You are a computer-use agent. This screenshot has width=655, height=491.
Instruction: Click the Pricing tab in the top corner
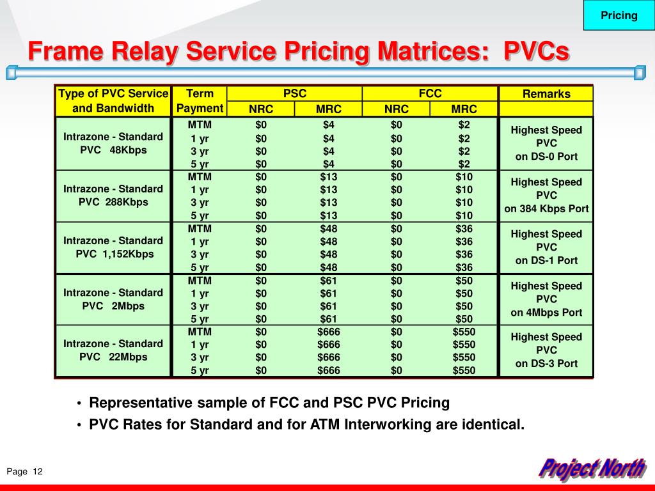coord(619,15)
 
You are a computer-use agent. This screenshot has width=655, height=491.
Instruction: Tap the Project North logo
coord(591,469)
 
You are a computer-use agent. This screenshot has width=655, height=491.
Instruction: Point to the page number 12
coord(37,472)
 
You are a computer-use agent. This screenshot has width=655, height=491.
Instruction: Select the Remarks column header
coord(546,94)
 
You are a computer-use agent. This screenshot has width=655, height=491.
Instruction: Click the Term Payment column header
coord(200,101)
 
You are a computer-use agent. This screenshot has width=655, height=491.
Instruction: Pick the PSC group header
coord(295,93)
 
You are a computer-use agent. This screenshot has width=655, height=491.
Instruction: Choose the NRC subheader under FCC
coord(397,109)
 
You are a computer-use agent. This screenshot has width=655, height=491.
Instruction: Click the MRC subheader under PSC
coord(329,109)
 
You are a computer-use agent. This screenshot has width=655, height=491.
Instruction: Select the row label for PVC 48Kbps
coord(113,143)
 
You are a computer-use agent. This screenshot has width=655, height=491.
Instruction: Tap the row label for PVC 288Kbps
coord(113,195)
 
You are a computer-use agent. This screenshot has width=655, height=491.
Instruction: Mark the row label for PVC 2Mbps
coord(113,299)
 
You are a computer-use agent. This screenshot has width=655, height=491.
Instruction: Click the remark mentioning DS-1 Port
coord(546,247)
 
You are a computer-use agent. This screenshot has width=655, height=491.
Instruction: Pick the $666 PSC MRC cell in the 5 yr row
coord(329,370)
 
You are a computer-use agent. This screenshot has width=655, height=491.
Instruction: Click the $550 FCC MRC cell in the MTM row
coord(464,332)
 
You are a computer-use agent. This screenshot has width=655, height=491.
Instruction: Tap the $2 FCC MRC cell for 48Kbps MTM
coord(464,124)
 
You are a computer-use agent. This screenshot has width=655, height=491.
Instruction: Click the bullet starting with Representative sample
coord(269,403)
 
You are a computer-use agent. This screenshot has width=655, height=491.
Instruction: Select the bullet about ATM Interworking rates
coord(306,424)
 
